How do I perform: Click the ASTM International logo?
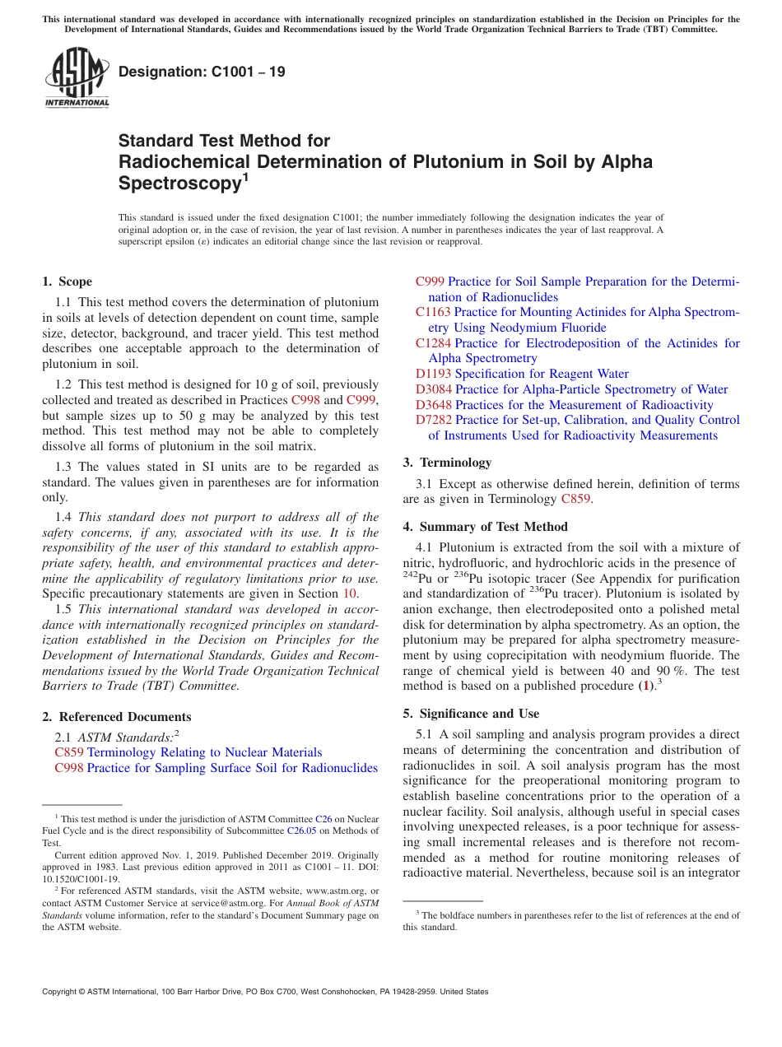point(77,77)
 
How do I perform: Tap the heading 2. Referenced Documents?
point(116,717)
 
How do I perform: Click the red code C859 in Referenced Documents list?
point(69,752)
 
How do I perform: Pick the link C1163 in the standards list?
point(433,312)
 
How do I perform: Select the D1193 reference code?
point(433,374)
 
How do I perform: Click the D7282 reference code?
point(433,420)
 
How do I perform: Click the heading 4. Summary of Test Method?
point(486,527)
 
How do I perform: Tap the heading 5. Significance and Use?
point(471,714)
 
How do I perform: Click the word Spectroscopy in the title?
point(179,183)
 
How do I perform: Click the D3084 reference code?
point(433,389)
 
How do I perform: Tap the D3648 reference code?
point(433,405)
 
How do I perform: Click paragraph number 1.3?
point(63,467)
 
